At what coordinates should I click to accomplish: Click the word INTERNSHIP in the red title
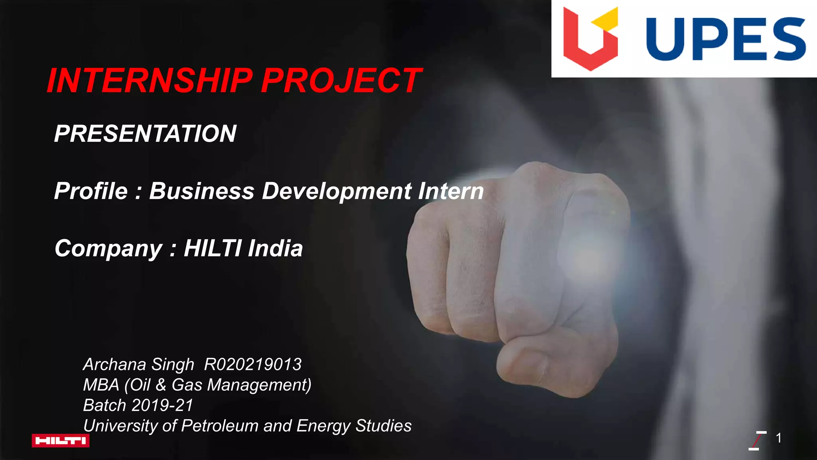(150, 81)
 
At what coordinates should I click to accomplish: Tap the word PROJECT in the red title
(341, 81)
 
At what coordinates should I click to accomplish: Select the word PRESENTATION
(145, 133)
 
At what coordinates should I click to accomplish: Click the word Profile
(91, 191)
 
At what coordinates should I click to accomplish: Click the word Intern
(451, 191)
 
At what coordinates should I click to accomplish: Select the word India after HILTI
(275, 248)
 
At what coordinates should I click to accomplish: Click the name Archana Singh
(138, 365)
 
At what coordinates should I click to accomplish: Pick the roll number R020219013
(253, 365)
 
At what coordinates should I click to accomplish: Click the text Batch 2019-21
(138, 405)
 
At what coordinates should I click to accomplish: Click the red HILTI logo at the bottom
(61, 440)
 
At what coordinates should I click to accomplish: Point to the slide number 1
(778, 438)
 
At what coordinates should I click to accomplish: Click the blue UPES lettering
(726, 39)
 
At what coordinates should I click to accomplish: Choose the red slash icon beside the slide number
(757, 440)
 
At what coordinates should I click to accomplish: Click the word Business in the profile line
(202, 191)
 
